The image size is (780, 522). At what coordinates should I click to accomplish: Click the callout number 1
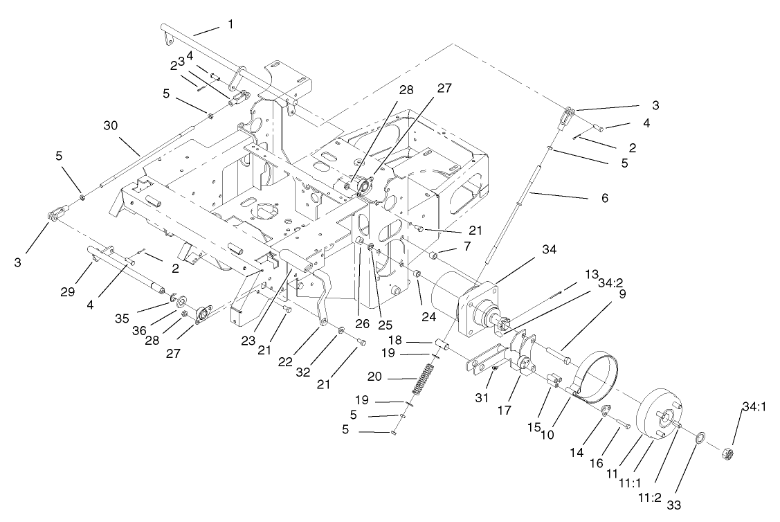pos(230,24)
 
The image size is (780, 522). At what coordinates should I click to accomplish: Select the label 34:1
pos(752,409)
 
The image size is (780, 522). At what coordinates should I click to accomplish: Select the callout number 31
pos(483,397)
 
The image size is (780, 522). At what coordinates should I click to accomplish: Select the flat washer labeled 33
pos(700,438)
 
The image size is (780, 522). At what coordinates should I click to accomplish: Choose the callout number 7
pos(448,246)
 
